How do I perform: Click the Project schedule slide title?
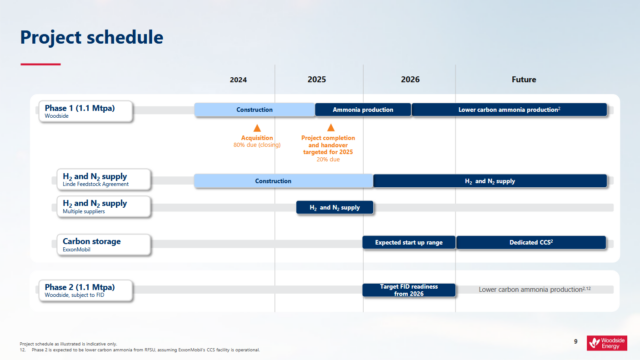[x=92, y=38]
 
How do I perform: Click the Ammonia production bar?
[x=362, y=109]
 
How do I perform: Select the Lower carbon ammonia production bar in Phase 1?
[x=509, y=109]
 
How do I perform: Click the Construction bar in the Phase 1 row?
[x=254, y=109]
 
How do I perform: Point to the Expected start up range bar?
[x=408, y=242]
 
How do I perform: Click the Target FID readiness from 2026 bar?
[x=408, y=290]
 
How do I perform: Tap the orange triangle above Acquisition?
[x=256, y=128]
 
